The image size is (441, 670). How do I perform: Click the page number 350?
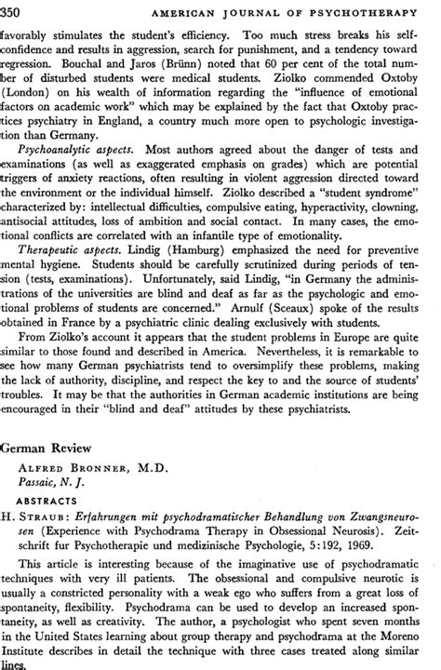[16, 9]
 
